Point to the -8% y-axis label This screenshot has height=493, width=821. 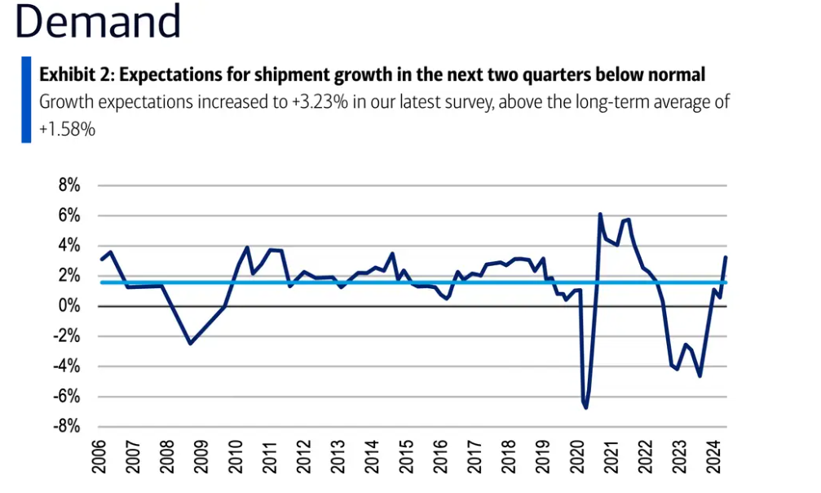[66, 427]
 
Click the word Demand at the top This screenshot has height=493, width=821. [98, 23]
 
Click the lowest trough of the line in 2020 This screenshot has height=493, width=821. [586, 406]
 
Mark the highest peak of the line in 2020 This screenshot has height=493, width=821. [600, 215]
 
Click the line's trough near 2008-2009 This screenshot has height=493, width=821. [190, 344]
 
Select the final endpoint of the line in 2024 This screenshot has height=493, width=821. [726, 257]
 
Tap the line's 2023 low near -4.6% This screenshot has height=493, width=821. [700, 375]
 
